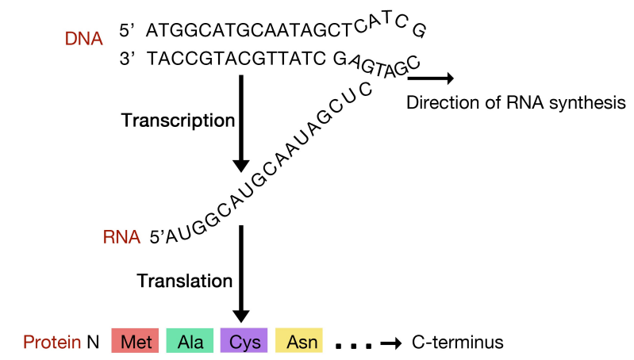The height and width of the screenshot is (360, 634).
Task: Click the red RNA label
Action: point(121,236)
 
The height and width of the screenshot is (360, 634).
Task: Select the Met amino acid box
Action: point(136,342)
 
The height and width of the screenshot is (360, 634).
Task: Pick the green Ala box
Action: point(190,342)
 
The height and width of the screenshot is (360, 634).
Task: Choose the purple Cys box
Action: point(245,342)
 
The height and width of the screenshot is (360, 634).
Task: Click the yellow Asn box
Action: point(299,342)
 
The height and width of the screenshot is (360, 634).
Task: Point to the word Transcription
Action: point(178,121)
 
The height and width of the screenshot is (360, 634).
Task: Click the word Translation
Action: point(185,281)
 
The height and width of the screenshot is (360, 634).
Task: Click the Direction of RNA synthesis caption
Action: point(516,102)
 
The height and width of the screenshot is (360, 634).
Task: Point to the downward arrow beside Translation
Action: point(243,274)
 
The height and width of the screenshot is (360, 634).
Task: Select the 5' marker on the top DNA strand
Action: point(129,30)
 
